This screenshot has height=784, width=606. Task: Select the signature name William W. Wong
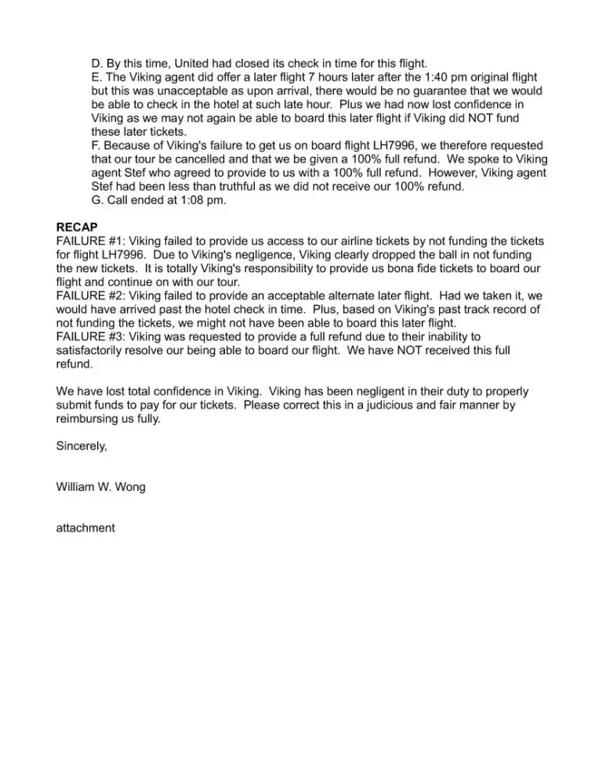(100, 487)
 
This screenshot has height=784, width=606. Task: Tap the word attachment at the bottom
(85, 528)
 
